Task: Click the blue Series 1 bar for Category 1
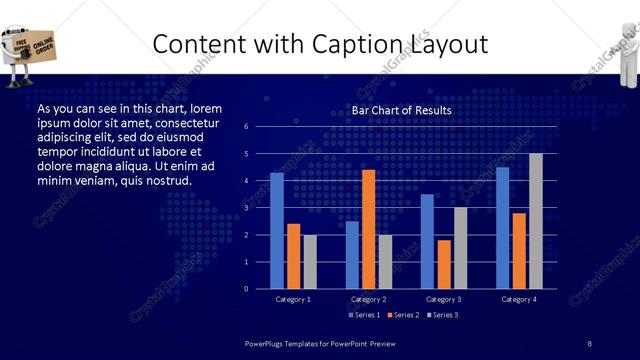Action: [x=277, y=231]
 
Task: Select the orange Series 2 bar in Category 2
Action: [x=368, y=229]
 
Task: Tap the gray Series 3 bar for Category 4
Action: [x=536, y=221]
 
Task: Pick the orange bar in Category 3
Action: [x=443, y=264]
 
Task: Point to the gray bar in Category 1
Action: [x=310, y=262]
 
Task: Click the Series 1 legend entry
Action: [x=363, y=315]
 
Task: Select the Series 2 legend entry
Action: [x=402, y=315]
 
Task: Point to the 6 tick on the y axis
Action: [x=246, y=127]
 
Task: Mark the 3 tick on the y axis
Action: [x=246, y=208]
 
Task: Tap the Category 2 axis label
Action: [x=368, y=299]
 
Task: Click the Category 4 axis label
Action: [x=518, y=299]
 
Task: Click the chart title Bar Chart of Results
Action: [x=401, y=110]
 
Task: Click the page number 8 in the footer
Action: [x=589, y=344]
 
